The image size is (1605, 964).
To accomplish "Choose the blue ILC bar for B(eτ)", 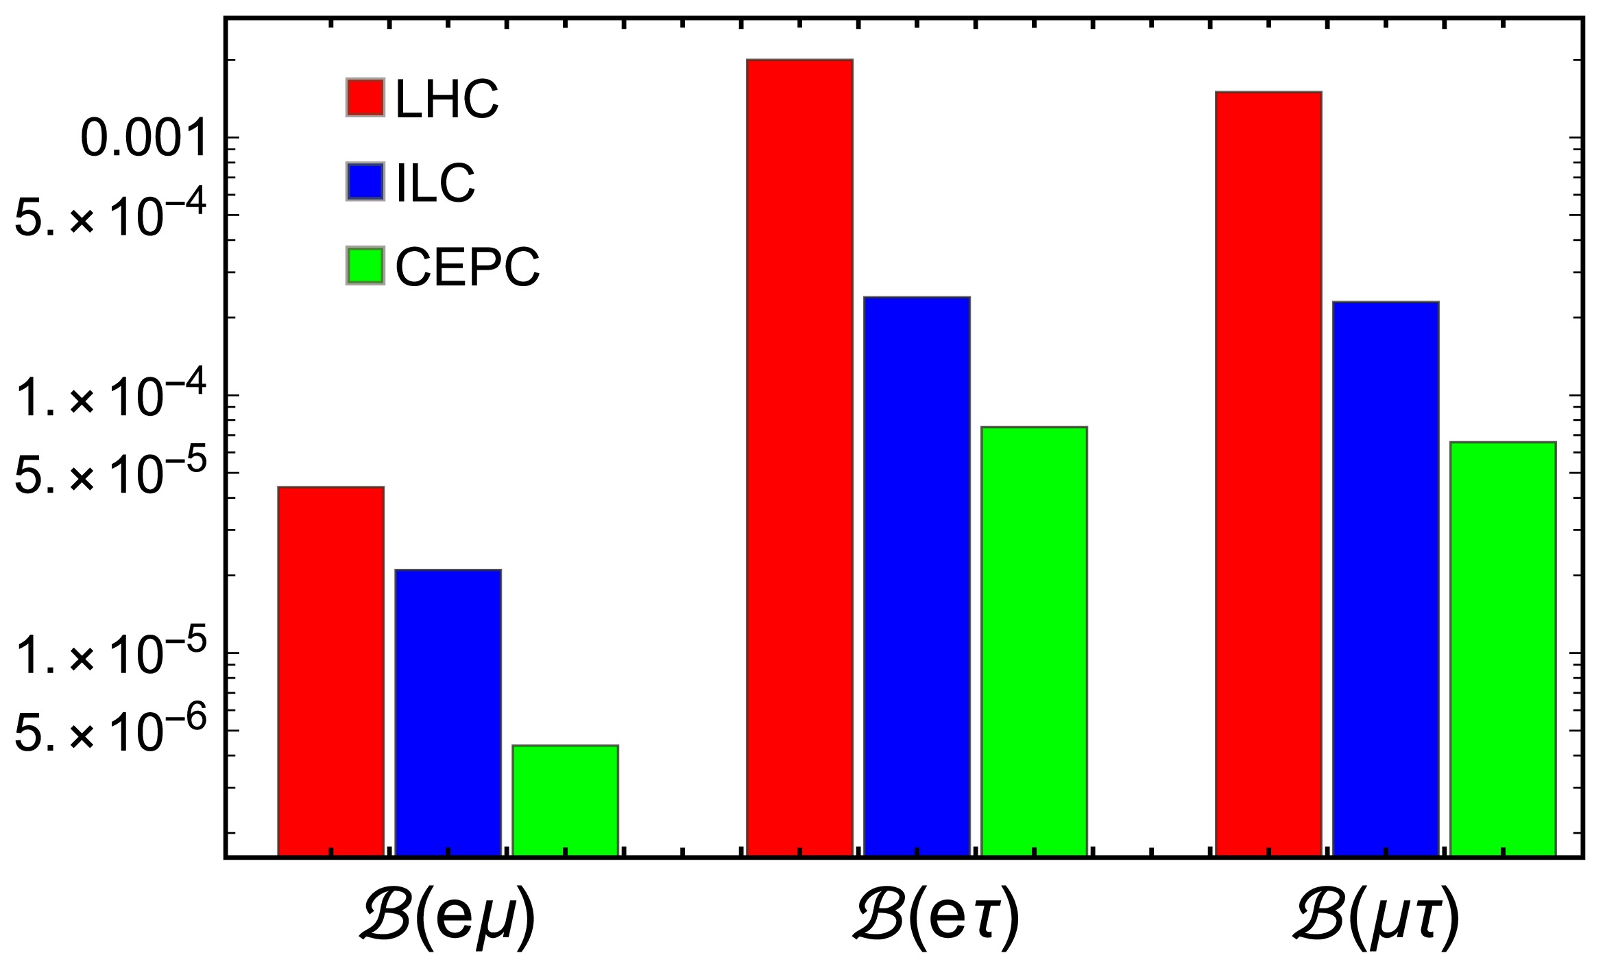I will tap(917, 576).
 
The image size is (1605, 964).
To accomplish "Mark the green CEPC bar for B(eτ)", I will tap(1034, 641).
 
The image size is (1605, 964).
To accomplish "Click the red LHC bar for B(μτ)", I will tap(1268, 473).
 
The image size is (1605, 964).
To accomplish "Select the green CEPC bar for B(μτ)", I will tap(1503, 648).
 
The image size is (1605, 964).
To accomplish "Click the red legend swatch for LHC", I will tap(365, 97).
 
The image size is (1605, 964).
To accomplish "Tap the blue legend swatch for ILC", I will tap(365, 182).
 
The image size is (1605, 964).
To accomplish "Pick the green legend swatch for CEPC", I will tap(365, 266).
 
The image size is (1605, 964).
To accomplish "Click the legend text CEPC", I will tap(468, 267).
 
